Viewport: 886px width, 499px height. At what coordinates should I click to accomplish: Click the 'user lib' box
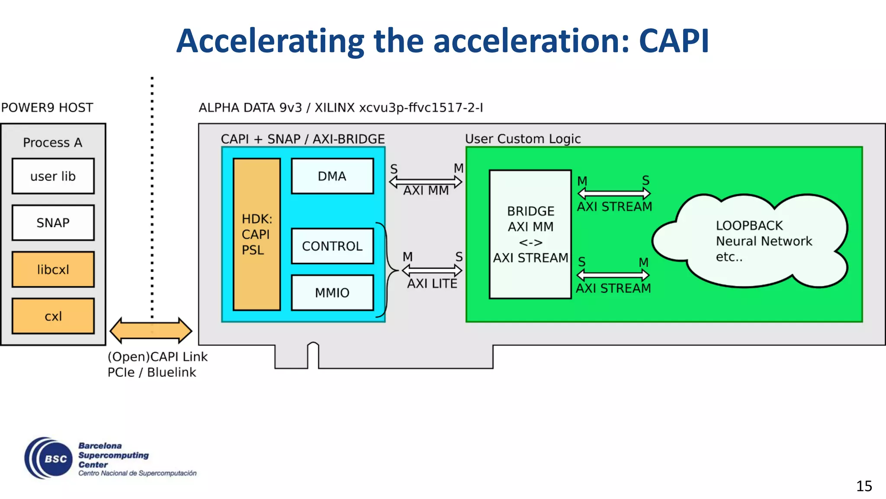[53, 176]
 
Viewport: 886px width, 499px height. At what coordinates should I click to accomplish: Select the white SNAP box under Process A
[53, 223]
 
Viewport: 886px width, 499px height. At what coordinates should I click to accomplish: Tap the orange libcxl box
[53, 269]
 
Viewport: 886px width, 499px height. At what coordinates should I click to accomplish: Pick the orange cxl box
[53, 316]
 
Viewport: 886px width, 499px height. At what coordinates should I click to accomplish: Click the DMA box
[332, 176]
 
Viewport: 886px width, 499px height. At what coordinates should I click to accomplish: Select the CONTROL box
[332, 246]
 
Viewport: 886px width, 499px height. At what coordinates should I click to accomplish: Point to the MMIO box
[332, 293]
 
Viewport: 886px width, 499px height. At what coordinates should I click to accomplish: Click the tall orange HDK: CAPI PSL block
[257, 234]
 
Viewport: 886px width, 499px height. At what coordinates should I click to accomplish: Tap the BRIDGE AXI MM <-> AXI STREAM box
[530, 234]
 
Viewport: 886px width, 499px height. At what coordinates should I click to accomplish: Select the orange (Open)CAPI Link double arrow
[151, 331]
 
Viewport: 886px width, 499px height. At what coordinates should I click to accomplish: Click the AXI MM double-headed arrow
[426, 182]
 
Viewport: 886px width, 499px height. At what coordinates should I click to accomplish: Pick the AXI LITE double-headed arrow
[432, 271]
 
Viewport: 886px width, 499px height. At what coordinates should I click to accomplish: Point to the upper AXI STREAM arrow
[613, 194]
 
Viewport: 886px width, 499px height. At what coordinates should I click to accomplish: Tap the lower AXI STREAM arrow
[613, 275]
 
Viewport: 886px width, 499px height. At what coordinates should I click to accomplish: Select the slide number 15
[864, 486]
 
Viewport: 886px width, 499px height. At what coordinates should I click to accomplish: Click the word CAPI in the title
[674, 41]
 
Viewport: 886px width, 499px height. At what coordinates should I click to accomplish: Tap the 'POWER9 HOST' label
[47, 107]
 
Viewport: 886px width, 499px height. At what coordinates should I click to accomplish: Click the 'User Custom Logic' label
[523, 139]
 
